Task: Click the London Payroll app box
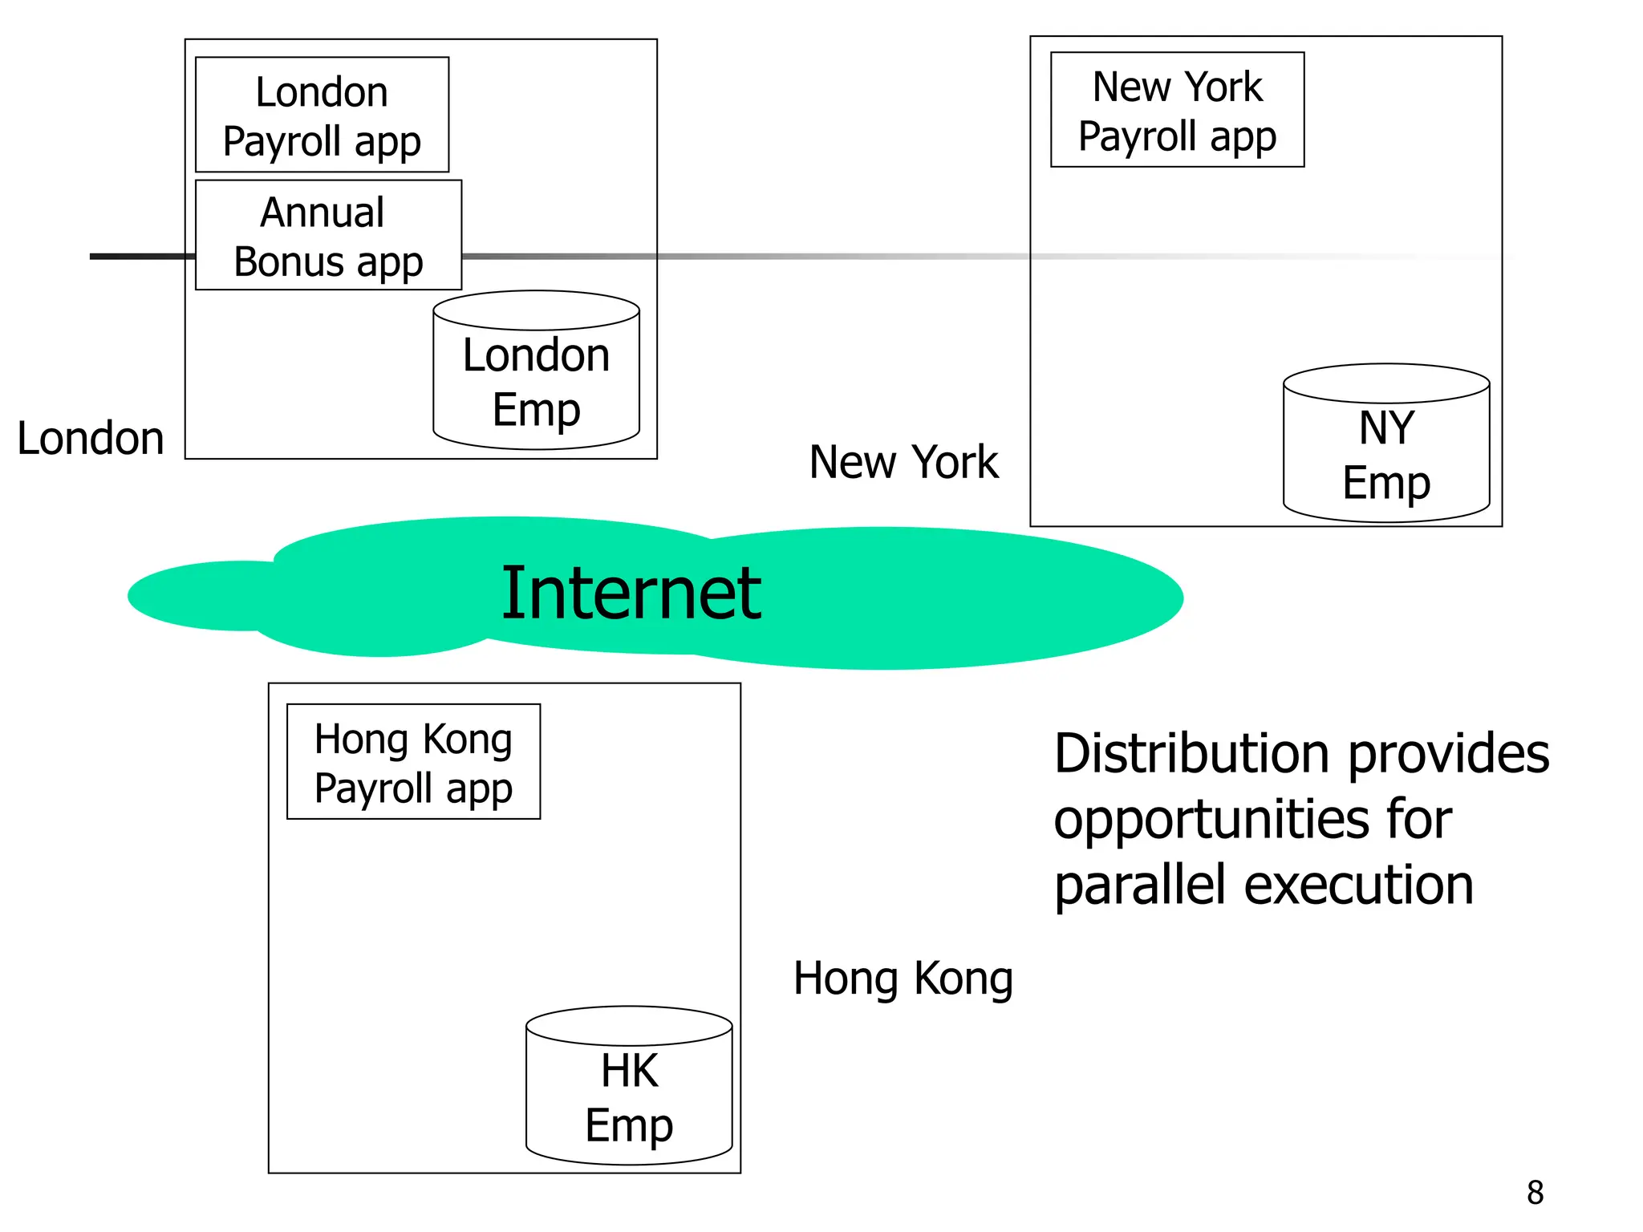322,115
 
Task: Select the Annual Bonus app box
328,235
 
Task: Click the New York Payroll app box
1177,110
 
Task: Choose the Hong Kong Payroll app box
413,762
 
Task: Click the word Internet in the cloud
631,594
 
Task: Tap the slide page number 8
1535,1193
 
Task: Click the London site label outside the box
91,439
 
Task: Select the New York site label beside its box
903,463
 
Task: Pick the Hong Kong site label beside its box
903,979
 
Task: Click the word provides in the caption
1449,754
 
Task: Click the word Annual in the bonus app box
323,213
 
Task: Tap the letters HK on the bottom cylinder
630,1070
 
